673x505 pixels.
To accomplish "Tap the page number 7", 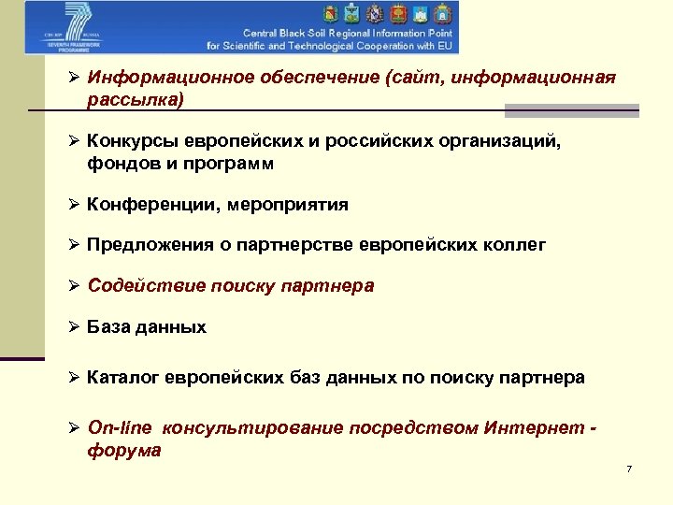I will click(x=629, y=469).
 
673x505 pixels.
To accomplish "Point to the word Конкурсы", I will click(x=129, y=140).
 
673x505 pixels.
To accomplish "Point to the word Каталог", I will click(x=122, y=378).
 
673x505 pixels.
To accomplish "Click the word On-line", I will click(x=119, y=428).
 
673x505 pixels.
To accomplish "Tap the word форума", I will click(x=124, y=450).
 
